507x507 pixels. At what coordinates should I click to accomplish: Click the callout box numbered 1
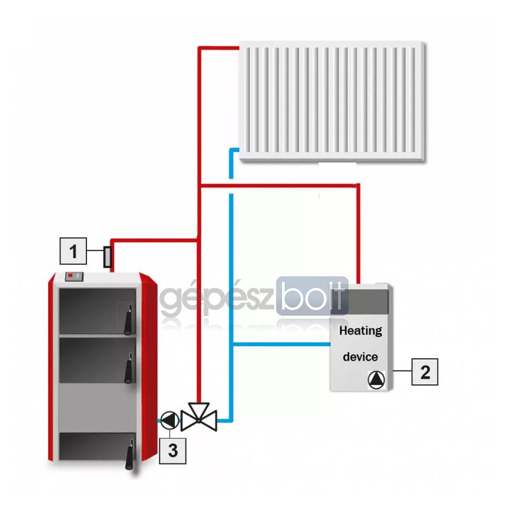coord(74,251)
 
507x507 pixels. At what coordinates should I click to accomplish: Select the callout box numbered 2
coord(425,372)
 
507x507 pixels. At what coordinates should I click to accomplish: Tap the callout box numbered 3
coord(172,451)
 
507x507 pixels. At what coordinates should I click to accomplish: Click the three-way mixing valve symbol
coord(199,417)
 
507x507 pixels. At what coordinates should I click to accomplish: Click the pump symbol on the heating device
coord(376,380)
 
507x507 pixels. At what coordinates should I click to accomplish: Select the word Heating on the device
coord(361,331)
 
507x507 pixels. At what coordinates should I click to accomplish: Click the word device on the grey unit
coord(360,357)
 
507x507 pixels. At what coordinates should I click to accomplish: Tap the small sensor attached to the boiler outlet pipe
coord(107,257)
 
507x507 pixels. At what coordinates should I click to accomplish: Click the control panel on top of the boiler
coord(74,276)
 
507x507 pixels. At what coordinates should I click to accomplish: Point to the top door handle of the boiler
coord(129,320)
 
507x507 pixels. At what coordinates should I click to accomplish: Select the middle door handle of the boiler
coord(129,368)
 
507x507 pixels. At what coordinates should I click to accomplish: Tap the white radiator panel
coord(331,101)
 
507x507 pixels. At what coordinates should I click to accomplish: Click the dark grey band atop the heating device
coord(359,302)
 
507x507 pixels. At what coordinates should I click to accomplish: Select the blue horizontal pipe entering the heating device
coord(281,344)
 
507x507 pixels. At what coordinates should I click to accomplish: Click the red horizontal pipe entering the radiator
coord(219,48)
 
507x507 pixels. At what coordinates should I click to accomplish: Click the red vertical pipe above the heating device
coord(358,234)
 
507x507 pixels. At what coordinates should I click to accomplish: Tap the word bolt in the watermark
coord(312,296)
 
